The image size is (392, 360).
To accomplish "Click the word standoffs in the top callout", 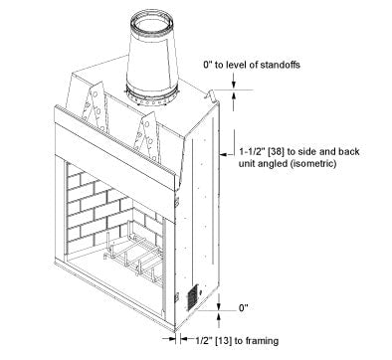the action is pos(280,65).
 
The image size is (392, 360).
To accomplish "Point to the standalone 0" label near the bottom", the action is pos(244,308).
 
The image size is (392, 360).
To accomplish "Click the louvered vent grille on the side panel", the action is pos(192,297).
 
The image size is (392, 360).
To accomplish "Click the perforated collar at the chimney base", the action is pos(151,96).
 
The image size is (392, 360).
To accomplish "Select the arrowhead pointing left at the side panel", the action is pos(223,154).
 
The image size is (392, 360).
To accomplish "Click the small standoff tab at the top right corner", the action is pos(210,95).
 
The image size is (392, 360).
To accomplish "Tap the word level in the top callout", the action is pos(237,65).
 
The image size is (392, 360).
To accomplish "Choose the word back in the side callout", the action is pos(348,151).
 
